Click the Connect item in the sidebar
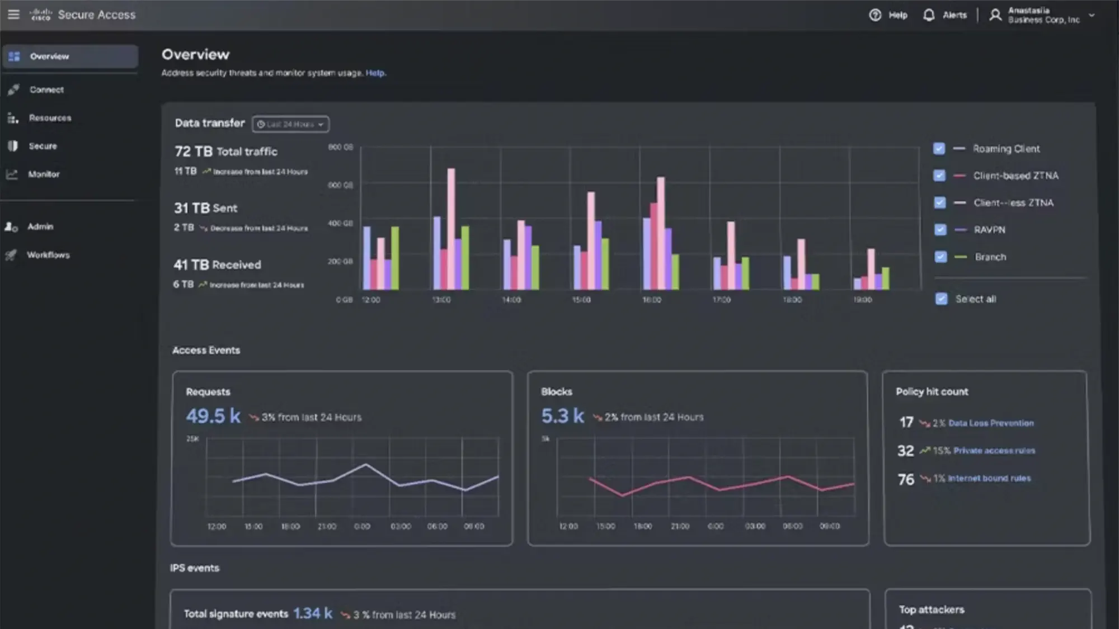pos(46,90)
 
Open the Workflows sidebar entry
pos(48,255)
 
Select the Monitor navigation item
pos(44,174)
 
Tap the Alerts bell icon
pos(929,15)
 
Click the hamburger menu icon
pos(13,15)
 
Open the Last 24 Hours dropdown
pos(290,124)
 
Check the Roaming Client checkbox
pos(939,149)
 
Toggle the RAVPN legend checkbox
pos(940,229)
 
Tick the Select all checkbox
pos(942,299)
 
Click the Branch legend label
pos(990,257)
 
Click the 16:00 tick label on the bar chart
pos(651,300)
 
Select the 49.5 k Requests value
pos(213,416)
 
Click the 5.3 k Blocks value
pos(562,416)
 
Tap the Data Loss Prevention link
pos(991,423)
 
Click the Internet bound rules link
pos(989,479)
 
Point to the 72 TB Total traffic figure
pos(225,152)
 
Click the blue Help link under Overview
pos(375,73)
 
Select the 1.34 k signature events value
pos(313,614)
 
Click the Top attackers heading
pos(932,610)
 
